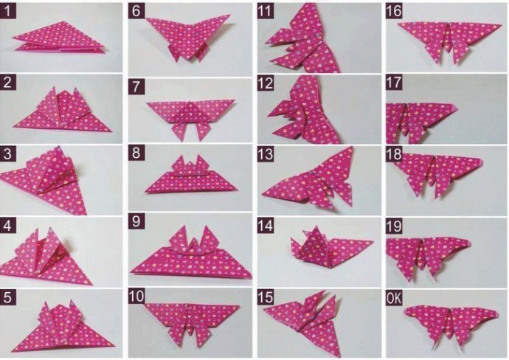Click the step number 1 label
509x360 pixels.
[7, 11]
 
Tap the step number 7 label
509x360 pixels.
[136, 86]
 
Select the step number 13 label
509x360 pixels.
[266, 154]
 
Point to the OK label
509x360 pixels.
[394, 298]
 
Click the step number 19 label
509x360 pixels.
[394, 226]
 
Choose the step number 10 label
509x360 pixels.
[136, 296]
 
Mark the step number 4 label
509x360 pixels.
[7, 225]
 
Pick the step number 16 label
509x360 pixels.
[394, 11]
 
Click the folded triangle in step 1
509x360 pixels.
[60, 38]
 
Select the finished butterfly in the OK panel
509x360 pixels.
[451, 326]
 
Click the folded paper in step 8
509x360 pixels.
[191, 177]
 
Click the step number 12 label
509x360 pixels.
[266, 83]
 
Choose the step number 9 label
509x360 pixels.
[136, 221]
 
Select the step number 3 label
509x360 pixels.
[7, 153]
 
